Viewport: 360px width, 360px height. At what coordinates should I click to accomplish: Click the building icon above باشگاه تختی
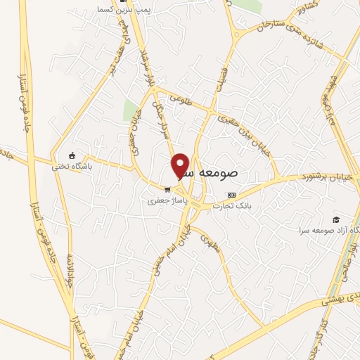coord(72,155)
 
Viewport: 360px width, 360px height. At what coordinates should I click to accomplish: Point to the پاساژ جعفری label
coord(165,200)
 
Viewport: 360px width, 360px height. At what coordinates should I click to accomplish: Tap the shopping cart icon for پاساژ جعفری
coord(167,188)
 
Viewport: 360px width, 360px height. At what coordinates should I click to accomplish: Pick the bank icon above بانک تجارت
coord(231,195)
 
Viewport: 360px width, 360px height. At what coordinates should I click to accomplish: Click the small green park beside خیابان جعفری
coord(131,110)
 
